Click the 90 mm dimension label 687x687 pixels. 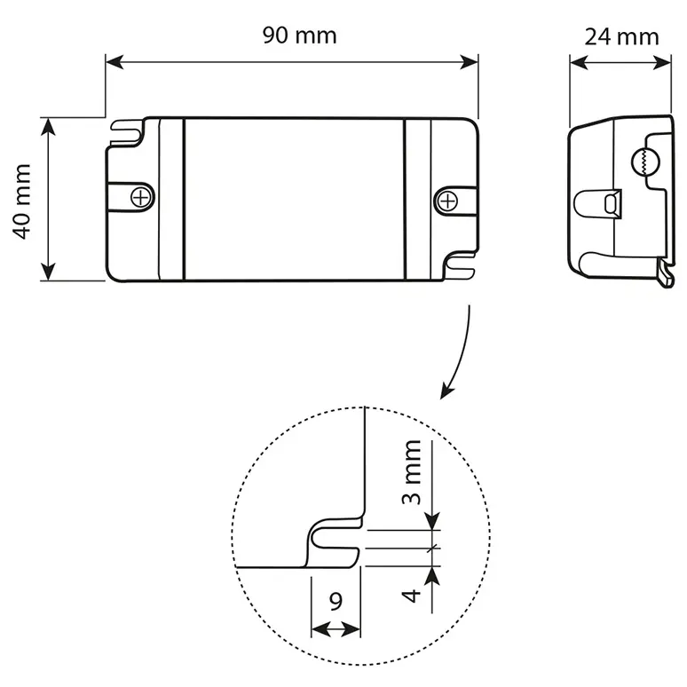tap(299, 36)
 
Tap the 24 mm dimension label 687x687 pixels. tap(621, 36)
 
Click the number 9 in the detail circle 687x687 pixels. tap(336, 602)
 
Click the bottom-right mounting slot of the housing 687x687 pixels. tap(462, 263)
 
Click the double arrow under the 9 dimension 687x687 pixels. tap(336, 629)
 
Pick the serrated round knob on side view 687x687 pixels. tap(642, 162)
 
